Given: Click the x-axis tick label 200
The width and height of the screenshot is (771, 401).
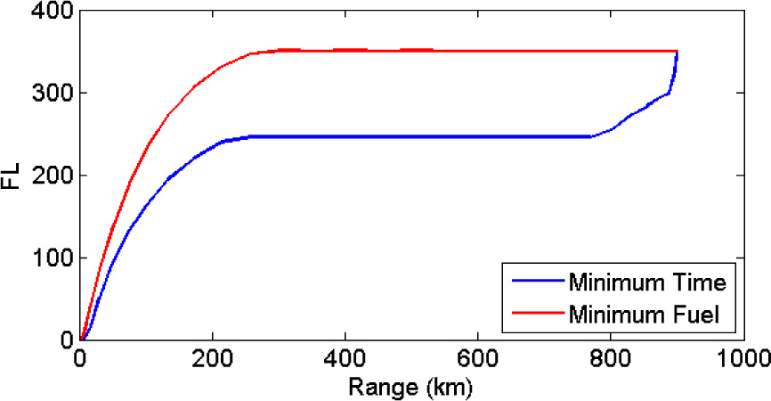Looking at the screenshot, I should (x=213, y=360).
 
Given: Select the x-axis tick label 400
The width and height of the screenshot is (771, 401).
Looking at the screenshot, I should (x=345, y=360).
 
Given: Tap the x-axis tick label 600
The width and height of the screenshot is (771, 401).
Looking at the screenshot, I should (x=478, y=360).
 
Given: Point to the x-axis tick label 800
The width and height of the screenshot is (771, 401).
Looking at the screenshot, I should (x=611, y=360).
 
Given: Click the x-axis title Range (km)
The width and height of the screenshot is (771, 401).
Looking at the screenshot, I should (x=411, y=388).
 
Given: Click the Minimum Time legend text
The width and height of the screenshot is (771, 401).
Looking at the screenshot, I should (x=647, y=284).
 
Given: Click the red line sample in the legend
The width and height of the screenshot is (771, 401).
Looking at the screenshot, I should (x=537, y=313).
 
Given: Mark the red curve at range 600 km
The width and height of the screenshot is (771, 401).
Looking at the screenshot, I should (x=478, y=51).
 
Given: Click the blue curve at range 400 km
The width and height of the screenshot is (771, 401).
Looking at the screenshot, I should (x=345, y=136).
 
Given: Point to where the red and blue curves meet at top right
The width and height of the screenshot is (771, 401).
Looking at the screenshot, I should (x=678, y=52).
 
